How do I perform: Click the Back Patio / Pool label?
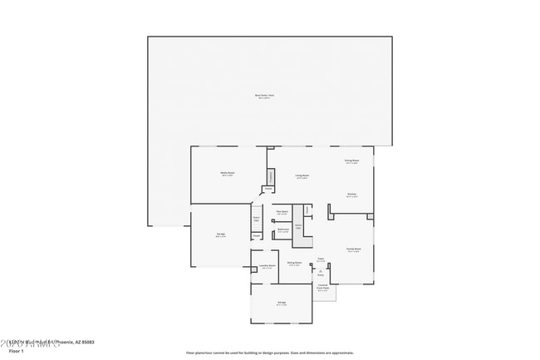[x=264, y=96]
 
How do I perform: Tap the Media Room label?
[x=227, y=174]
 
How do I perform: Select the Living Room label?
[x=302, y=175]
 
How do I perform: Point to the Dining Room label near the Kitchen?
[x=351, y=161]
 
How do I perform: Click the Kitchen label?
[x=351, y=194]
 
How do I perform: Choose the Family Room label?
[x=353, y=249]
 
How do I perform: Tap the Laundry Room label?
[x=267, y=266]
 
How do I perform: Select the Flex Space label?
[x=282, y=213]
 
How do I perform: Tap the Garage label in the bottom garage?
[x=282, y=303]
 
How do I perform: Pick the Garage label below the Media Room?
[x=222, y=234]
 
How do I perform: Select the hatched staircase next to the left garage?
[x=257, y=219]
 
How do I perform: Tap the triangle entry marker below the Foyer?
[x=320, y=270]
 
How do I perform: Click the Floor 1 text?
[x=17, y=351]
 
